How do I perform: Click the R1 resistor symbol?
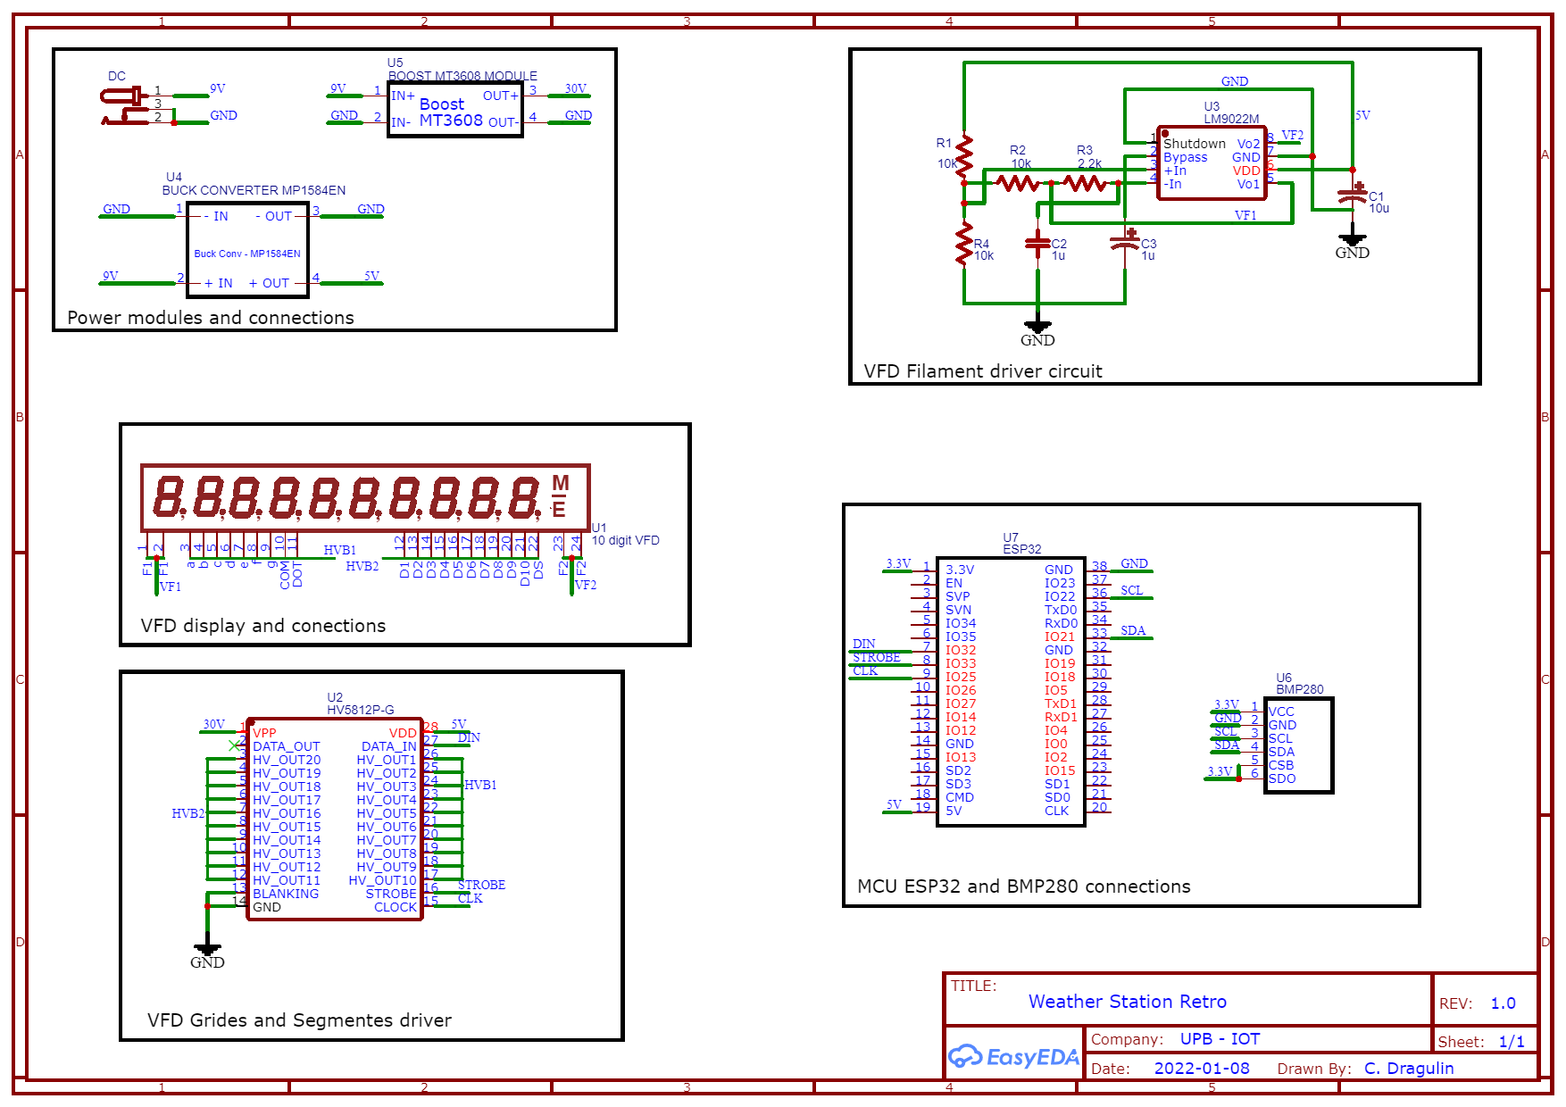pos(964,158)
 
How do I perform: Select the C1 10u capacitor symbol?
pos(1353,196)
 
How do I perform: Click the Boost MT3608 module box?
pos(454,110)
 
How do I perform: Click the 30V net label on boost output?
pos(576,88)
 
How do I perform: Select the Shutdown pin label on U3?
pos(1194,144)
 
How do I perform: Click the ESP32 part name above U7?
pos(1021,549)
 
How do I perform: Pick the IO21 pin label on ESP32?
pos(1060,637)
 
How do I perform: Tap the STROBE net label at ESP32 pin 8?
pos(876,657)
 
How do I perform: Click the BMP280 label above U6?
pos(1299,689)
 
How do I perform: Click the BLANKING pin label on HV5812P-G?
pos(285,894)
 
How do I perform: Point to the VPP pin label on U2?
pos(264,733)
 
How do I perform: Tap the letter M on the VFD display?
pos(560,483)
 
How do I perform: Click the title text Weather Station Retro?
pos(1127,1002)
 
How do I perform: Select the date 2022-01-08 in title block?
pos(1201,1069)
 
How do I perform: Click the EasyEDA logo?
pos(1012,1057)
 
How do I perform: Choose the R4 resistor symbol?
pos(964,243)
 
